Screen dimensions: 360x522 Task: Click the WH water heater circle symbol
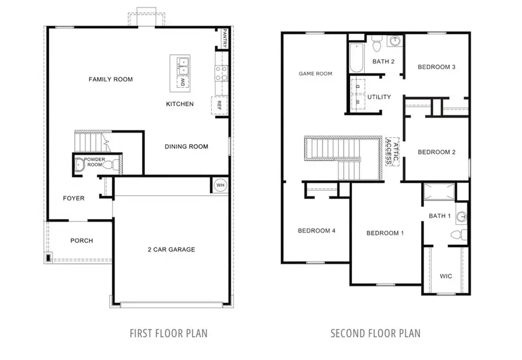[x=220, y=186]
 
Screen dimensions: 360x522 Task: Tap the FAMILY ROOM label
[x=110, y=79]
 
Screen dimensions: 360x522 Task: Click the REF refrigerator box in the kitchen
[x=219, y=105]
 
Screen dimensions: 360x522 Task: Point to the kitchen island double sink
[x=184, y=66]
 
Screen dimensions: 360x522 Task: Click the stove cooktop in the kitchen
[x=221, y=72]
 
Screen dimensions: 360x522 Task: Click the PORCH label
[x=82, y=241]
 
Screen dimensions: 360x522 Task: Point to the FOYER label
[x=74, y=198]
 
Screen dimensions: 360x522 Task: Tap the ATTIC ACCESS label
[x=393, y=152]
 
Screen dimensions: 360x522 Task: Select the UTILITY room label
[x=379, y=97]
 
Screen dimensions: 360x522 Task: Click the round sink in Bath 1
[x=461, y=217]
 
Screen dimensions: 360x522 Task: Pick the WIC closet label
[x=445, y=276]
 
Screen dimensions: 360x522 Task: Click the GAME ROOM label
[x=315, y=74]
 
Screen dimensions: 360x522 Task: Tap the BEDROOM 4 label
[x=317, y=231]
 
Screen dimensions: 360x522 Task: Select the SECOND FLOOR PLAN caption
[x=375, y=333]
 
